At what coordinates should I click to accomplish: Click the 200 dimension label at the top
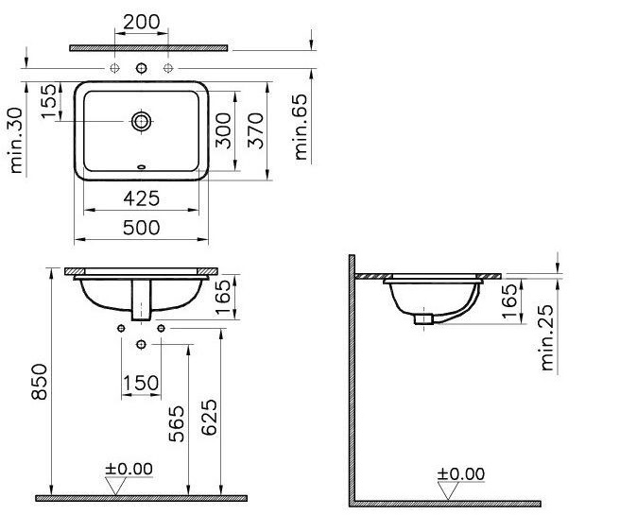pos(142,22)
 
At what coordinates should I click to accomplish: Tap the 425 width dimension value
pos(142,198)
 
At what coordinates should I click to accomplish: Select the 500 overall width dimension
pos(142,228)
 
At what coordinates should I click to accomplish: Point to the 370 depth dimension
pos(255,130)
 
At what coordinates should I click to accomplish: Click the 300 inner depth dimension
pos(223,130)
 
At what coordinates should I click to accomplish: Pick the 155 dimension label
pos(49,101)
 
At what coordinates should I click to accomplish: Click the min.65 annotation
pos(301,127)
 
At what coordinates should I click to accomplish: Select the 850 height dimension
pos(40,382)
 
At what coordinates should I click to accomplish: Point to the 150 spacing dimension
pos(141,383)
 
